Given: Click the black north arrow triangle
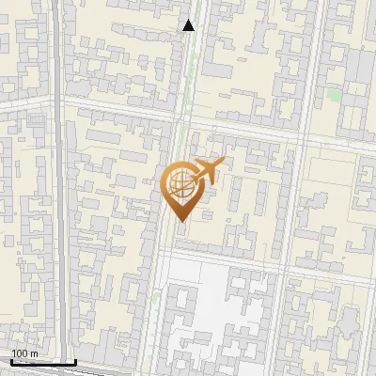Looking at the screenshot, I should [x=189, y=25].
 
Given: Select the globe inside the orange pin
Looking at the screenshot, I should [x=180, y=183].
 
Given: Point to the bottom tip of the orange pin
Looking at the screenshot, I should [x=180, y=221].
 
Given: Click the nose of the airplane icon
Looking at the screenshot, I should [x=222, y=163].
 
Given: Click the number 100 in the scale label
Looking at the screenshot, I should [x=20, y=353].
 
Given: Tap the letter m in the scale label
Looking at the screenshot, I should [x=34, y=353].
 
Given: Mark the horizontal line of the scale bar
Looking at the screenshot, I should [x=42, y=362].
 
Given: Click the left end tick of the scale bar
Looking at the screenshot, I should [x=9, y=361].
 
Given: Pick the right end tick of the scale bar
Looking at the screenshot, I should [x=75, y=361].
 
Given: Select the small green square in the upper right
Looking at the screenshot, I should [x=333, y=95].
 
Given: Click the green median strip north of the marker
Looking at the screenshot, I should [x=188, y=75].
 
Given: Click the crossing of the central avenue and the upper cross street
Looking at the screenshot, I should [x=180, y=119].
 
